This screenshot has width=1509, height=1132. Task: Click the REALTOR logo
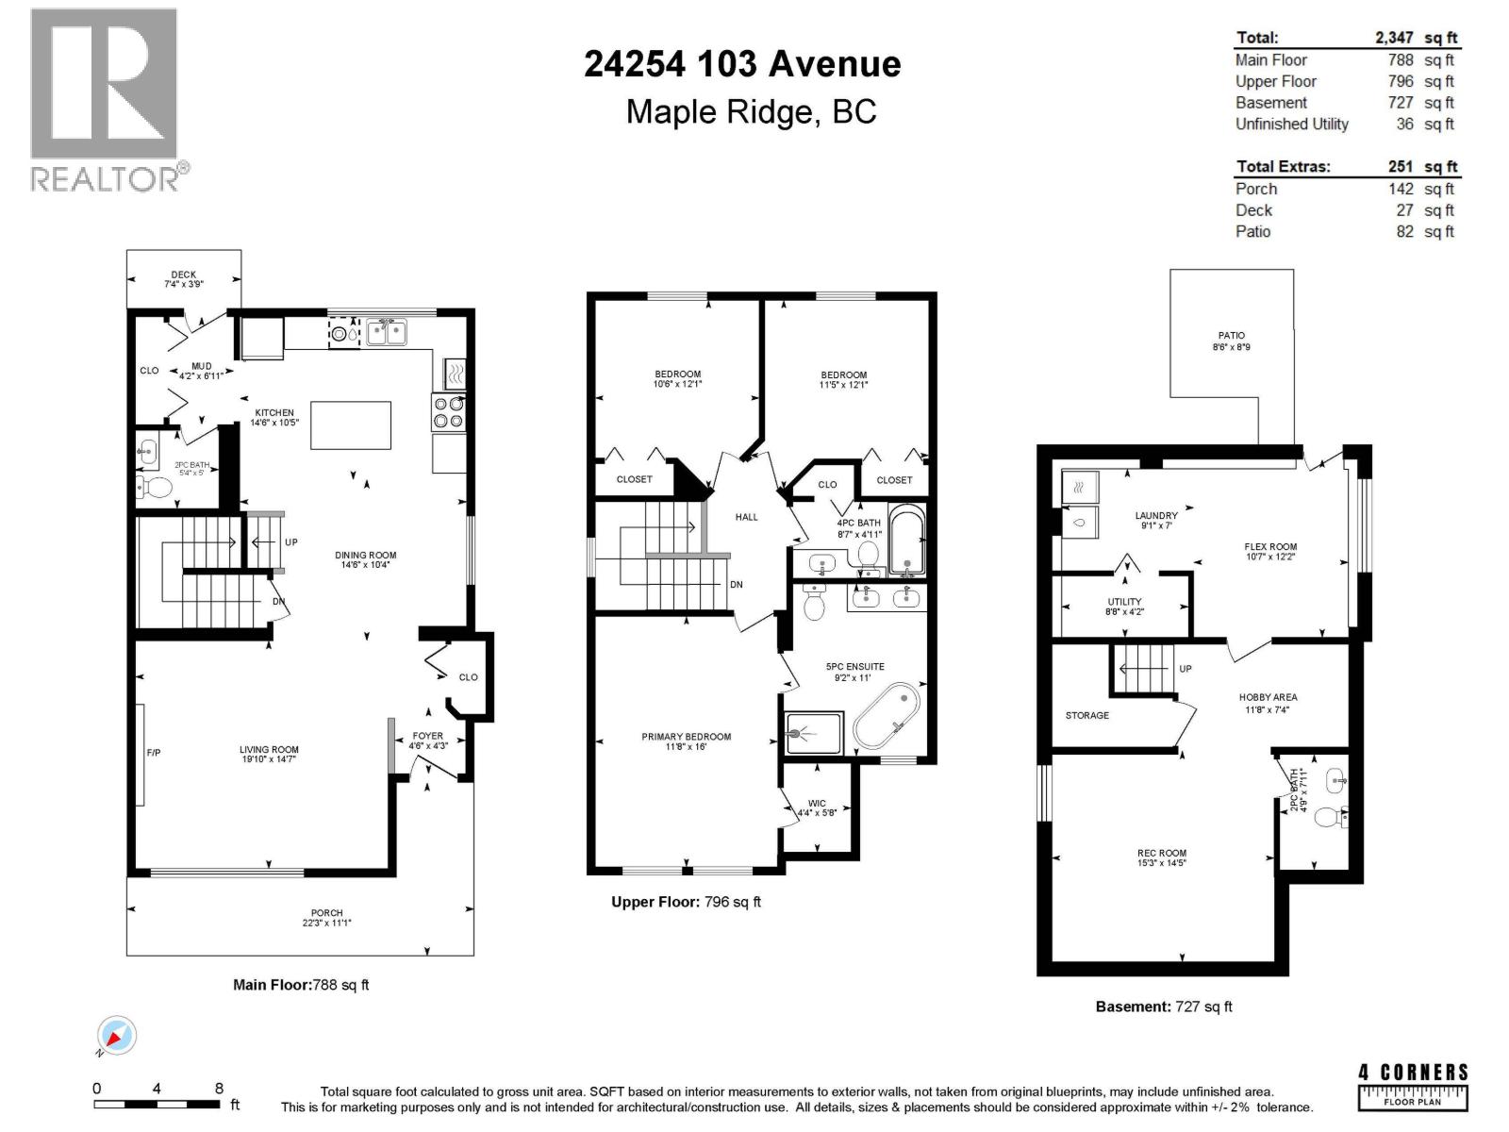pos(105,99)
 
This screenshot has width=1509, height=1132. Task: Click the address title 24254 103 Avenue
pos(742,64)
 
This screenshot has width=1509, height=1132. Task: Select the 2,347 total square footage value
pos(1394,38)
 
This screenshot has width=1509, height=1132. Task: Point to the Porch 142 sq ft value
pos(1401,189)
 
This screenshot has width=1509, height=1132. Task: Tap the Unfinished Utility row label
pos(1291,124)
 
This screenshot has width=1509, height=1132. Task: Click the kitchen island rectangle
pos(351,425)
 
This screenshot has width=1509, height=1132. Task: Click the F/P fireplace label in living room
pos(154,753)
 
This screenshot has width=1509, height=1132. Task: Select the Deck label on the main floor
pos(184,275)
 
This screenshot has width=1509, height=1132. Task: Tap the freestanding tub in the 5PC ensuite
pos(887,717)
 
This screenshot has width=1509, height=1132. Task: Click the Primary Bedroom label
pos(686,737)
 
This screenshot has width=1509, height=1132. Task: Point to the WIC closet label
pos(816,804)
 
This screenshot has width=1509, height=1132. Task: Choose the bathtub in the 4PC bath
pos(907,541)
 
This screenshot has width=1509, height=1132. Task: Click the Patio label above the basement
pos(1231,335)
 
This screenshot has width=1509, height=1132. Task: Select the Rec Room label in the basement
pos(1161,853)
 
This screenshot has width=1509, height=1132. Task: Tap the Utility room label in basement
pos(1124,601)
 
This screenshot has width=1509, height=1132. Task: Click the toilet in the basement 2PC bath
pos(1331,817)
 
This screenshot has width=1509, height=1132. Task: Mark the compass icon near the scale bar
pos(117,1037)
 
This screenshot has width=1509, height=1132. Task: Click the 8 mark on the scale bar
pos(219,1089)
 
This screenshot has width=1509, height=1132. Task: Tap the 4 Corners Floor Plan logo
pos(1413,1085)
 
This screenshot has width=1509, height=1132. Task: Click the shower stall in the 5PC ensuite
pos(814,733)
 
